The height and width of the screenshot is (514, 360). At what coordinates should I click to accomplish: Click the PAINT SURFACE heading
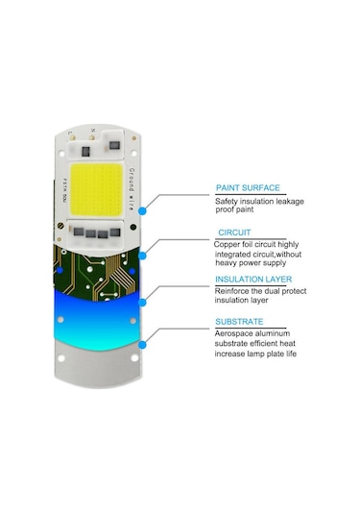(247, 188)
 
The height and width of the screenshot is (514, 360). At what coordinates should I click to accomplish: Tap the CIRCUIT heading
(235, 233)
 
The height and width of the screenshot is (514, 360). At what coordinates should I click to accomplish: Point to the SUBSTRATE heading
(241, 323)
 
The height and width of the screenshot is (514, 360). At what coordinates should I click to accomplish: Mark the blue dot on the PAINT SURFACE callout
(143, 208)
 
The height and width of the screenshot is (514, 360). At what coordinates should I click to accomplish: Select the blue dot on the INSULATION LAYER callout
(143, 300)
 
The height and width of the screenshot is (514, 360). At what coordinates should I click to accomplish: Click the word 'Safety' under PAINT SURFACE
(227, 202)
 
